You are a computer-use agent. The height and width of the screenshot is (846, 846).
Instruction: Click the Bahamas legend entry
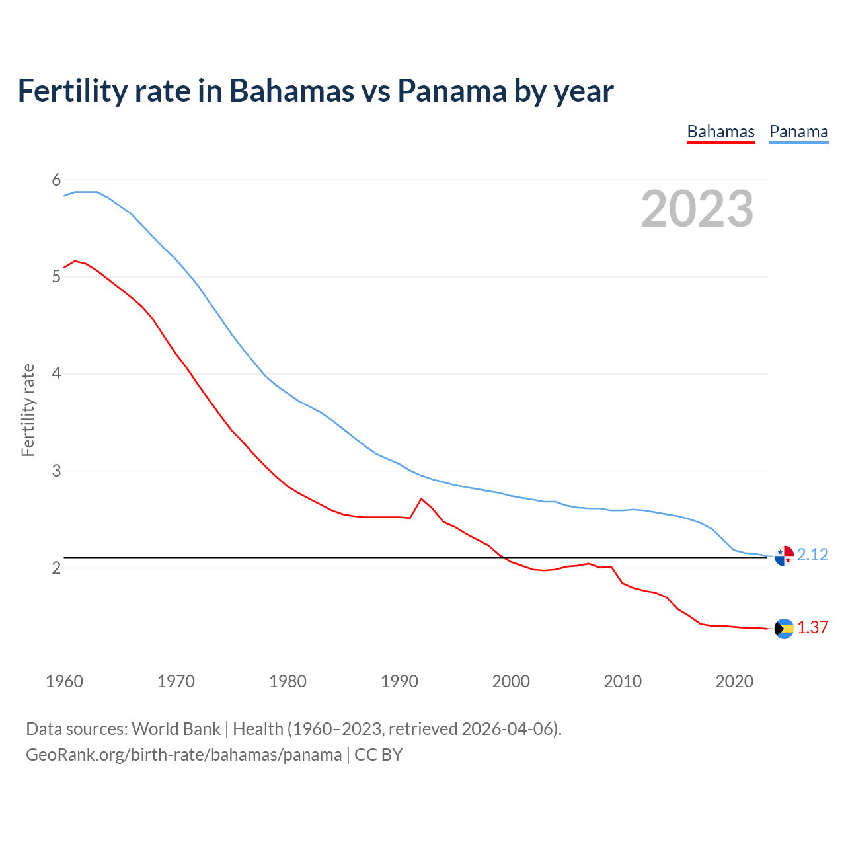click(x=720, y=132)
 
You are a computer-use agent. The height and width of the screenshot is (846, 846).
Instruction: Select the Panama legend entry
click(x=798, y=132)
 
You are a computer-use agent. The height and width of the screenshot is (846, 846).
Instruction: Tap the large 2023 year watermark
click(x=697, y=209)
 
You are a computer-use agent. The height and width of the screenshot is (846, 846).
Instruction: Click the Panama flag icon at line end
click(x=784, y=556)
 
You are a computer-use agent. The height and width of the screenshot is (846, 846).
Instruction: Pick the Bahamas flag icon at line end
click(x=784, y=629)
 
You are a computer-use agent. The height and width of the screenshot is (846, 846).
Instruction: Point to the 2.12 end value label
click(x=812, y=555)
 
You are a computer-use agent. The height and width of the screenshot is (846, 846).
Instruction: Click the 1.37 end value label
click(x=812, y=627)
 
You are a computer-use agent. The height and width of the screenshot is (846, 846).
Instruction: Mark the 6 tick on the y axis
click(x=56, y=180)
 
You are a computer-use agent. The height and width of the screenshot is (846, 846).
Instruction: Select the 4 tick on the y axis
click(x=56, y=373)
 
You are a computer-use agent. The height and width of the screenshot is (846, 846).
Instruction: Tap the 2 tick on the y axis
click(x=56, y=568)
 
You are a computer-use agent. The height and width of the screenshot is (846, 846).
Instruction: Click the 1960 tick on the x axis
click(x=64, y=681)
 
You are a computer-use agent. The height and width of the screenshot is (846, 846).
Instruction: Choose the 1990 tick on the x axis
click(x=399, y=681)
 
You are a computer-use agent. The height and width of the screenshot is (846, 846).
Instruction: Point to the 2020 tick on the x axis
click(x=734, y=681)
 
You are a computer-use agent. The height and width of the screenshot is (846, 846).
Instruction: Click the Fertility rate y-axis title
click(x=28, y=410)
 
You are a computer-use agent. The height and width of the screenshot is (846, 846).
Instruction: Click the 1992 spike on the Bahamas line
click(x=422, y=499)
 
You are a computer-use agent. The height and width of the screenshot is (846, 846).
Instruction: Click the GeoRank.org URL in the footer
click(x=184, y=755)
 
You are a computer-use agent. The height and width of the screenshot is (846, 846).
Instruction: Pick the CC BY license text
click(x=379, y=755)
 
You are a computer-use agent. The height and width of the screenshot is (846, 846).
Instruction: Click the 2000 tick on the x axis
click(x=511, y=681)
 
